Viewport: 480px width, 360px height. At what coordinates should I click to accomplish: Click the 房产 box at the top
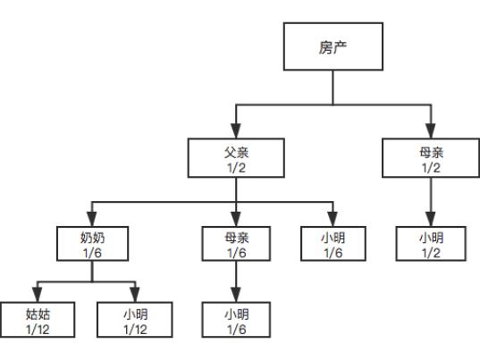(x=333, y=46)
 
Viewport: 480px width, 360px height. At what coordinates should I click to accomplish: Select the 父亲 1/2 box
(x=236, y=158)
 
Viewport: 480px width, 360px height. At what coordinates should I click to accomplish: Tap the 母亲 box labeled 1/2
(x=431, y=158)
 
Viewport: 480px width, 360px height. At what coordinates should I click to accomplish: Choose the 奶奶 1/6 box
(x=92, y=244)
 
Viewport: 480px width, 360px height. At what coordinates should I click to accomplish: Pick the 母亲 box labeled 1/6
(x=236, y=244)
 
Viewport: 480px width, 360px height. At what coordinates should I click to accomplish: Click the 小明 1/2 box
(x=431, y=244)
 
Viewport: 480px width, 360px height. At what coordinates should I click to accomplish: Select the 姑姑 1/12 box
(x=38, y=320)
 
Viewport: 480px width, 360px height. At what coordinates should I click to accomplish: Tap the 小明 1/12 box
(x=135, y=320)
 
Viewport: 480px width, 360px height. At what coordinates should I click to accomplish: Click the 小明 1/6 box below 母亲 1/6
(x=236, y=320)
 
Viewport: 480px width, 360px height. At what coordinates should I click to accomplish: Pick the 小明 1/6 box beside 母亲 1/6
(x=333, y=244)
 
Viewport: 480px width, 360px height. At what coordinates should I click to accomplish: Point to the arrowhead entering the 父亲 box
(x=236, y=131)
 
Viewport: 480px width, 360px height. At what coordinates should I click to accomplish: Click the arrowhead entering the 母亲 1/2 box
(x=431, y=131)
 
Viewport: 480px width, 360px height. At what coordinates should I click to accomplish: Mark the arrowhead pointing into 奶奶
(x=92, y=219)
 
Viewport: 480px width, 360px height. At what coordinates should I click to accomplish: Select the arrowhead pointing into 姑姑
(x=37, y=295)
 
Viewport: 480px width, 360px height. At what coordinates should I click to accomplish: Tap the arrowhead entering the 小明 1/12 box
(x=135, y=295)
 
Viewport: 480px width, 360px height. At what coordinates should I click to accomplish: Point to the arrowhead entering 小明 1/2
(x=431, y=219)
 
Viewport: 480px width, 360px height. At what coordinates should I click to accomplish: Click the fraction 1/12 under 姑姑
(x=38, y=330)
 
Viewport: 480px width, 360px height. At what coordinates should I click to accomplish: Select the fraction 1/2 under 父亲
(x=236, y=168)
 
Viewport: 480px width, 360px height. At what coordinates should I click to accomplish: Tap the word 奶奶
(x=92, y=238)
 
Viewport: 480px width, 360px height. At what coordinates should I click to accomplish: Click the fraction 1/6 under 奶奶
(x=92, y=253)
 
